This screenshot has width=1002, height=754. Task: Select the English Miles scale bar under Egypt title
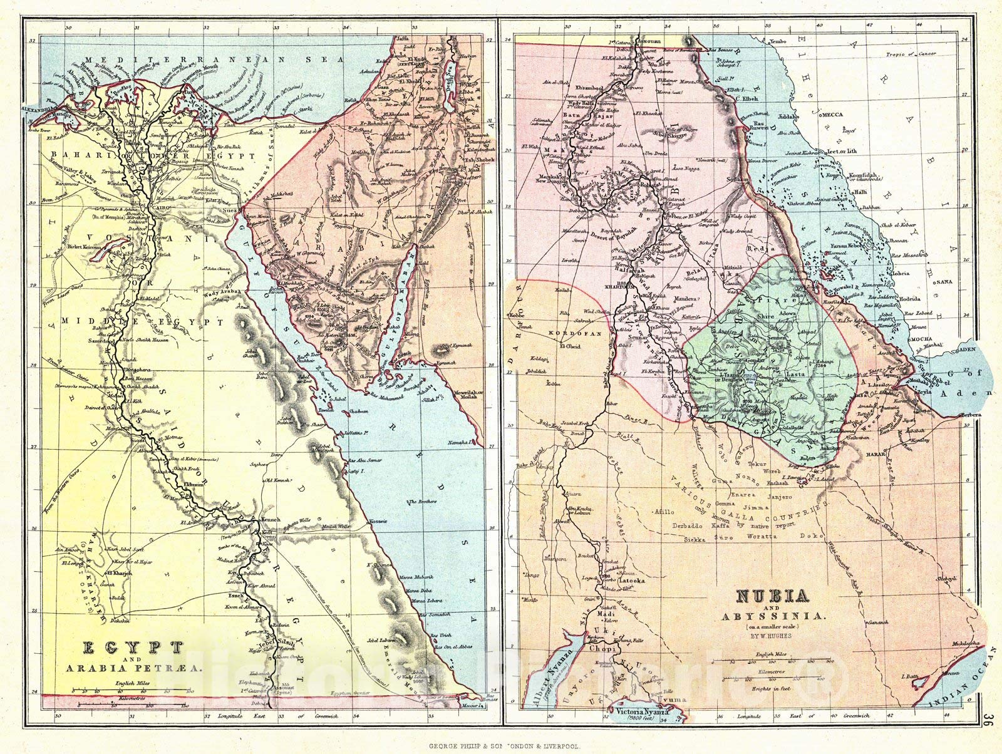[130, 691]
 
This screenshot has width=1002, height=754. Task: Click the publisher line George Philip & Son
[500, 746]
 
